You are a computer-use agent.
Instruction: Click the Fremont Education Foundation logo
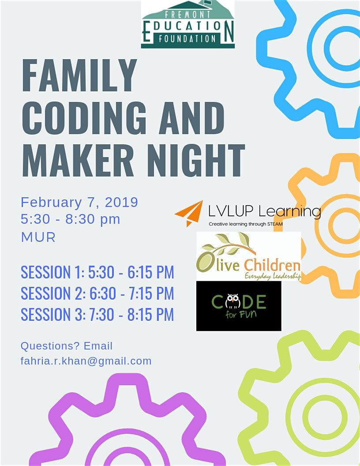(187, 24)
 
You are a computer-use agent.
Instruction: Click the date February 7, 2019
(79, 203)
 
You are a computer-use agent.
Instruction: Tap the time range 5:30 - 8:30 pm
(71, 219)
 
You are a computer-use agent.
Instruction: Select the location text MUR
(38, 237)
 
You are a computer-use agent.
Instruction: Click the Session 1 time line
(97, 272)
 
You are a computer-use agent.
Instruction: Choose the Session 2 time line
(97, 293)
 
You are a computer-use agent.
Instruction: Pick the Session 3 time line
(97, 314)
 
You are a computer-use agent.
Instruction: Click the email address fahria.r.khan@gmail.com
(86, 361)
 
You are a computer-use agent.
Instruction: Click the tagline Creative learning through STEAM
(245, 224)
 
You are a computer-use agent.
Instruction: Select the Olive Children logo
(249, 256)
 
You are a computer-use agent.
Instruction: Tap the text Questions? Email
(67, 346)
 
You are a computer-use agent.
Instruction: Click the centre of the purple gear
(127, 455)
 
